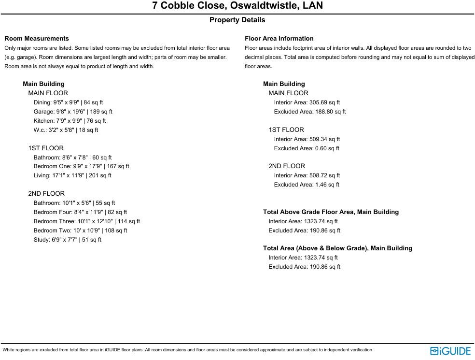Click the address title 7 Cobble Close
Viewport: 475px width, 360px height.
coord(237,6)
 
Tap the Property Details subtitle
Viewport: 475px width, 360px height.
coord(237,20)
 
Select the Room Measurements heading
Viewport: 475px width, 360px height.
coord(37,38)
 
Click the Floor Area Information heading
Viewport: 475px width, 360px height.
coord(279,38)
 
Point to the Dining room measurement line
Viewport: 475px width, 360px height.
coord(68,102)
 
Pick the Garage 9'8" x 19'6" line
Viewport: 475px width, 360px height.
coord(73,112)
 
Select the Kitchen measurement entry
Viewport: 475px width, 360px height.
coord(70,121)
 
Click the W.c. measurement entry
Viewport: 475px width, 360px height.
coord(66,130)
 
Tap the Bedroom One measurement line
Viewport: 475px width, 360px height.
coord(81,166)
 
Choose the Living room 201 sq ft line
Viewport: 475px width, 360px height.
coord(72,175)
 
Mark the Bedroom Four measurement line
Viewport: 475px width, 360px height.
coord(80,212)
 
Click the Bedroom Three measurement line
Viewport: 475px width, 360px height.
coord(86,221)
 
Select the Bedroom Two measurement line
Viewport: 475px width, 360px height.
coord(80,230)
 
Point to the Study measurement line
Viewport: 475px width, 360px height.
coord(67,240)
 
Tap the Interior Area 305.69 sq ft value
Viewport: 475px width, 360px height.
coord(307,102)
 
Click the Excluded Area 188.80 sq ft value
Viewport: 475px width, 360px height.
coord(310,112)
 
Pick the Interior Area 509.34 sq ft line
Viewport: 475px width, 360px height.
coord(307,139)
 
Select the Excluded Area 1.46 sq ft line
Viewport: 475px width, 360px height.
coord(307,185)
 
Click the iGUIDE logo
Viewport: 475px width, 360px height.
coord(450,351)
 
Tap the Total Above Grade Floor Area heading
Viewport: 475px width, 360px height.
coord(331,212)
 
